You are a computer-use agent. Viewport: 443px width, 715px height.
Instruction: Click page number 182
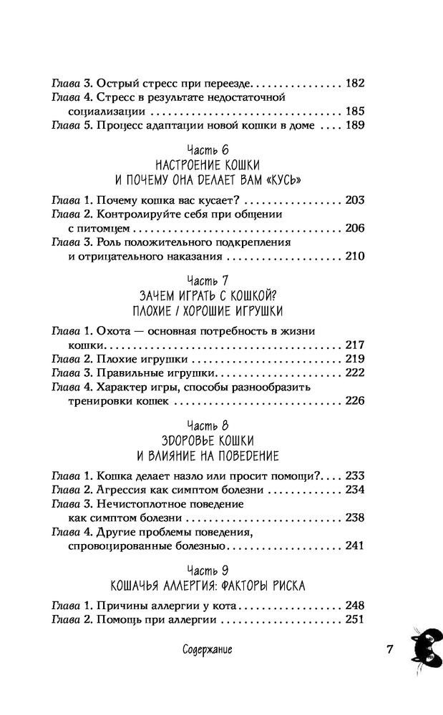click(x=355, y=83)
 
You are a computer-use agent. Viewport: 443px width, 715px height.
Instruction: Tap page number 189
click(x=355, y=125)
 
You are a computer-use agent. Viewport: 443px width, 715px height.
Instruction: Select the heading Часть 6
click(x=208, y=150)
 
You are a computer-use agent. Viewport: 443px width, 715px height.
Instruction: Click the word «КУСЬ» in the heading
click(x=283, y=180)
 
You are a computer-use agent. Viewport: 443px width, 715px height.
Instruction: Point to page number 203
click(x=355, y=199)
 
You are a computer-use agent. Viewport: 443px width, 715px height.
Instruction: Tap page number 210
click(x=355, y=256)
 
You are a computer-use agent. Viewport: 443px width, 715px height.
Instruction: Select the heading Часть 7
click(x=208, y=280)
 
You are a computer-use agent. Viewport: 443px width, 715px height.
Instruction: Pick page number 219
click(x=355, y=359)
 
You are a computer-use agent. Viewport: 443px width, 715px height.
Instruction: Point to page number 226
click(x=355, y=401)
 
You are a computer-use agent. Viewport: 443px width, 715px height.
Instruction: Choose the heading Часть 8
click(x=208, y=426)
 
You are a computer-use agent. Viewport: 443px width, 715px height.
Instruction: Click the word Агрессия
click(x=120, y=490)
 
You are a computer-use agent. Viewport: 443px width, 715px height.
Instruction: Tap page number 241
click(x=355, y=546)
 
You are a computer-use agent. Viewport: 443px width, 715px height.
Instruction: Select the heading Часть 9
click(x=208, y=571)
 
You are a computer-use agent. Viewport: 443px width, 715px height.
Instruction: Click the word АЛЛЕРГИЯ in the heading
click(x=205, y=586)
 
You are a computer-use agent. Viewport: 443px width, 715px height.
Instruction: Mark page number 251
click(x=355, y=620)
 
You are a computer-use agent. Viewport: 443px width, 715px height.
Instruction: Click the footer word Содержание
click(x=207, y=649)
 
